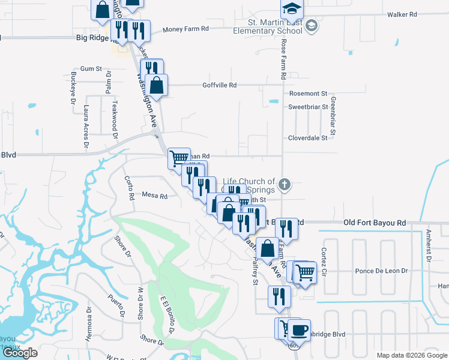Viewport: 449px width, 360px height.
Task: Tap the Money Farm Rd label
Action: coord(187,28)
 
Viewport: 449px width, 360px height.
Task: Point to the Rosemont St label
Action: coord(308,94)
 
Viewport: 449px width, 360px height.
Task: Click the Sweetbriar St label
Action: coord(309,107)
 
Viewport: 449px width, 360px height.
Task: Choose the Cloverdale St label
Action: coord(307,137)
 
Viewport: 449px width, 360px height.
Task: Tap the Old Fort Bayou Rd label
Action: coord(375,223)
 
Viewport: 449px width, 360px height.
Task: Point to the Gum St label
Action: coord(90,69)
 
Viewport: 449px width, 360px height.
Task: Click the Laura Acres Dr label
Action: coord(86,127)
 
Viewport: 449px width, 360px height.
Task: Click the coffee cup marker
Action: coord(299,329)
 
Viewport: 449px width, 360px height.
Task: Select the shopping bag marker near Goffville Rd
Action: coord(156,85)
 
